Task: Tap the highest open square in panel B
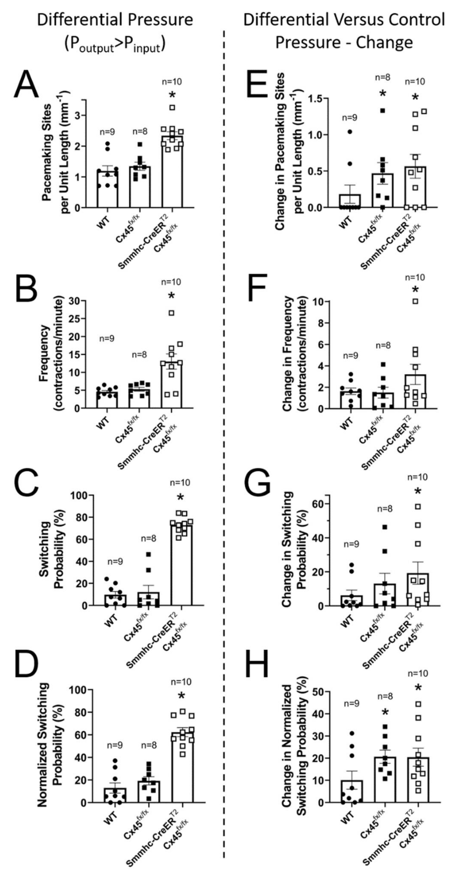[172, 313]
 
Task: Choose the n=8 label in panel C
[148, 539]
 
